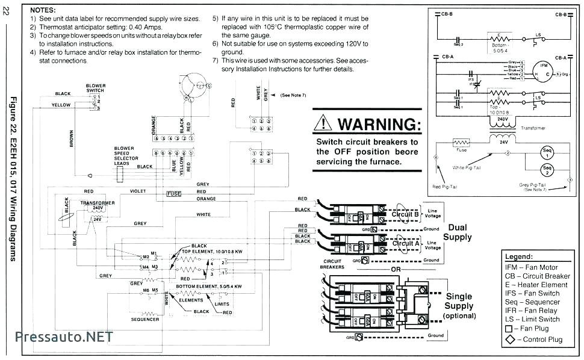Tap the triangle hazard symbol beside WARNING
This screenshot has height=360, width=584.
tap(324, 124)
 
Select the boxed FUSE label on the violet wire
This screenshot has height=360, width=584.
tap(174, 194)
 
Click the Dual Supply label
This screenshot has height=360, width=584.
tap(457, 232)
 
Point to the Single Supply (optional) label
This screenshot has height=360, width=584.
tap(459, 306)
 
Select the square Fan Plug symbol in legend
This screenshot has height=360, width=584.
tap(509, 329)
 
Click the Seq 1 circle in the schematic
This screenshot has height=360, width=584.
tap(547, 152)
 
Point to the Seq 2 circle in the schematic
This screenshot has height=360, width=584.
tap(547, 169)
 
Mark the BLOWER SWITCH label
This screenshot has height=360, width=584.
tap(95, 88)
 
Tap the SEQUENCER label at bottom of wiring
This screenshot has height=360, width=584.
tap(145, 319)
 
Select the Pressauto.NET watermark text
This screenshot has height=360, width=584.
tap(64, 337)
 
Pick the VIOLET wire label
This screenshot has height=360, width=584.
tap(138, 191)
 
